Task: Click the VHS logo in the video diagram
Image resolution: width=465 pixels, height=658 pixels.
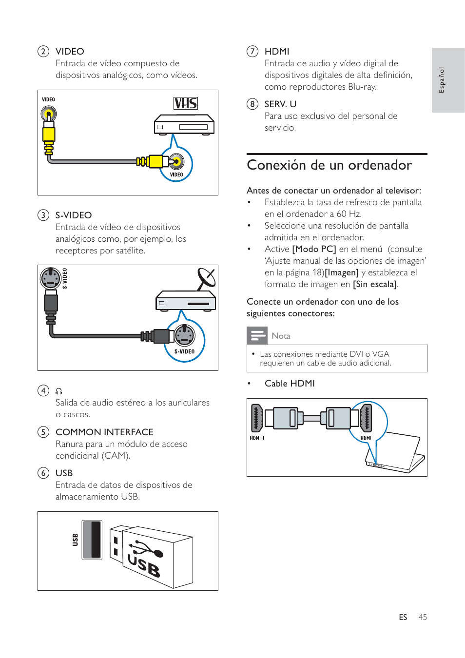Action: [x=186, y=103]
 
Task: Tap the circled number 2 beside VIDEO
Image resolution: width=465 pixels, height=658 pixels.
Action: [x=43, y=51]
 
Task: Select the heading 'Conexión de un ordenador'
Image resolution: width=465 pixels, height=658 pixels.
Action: [x=329, y=165]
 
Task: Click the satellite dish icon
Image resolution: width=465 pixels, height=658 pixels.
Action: [x=206, y=278]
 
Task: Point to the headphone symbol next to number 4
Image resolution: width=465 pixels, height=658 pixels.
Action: [x=59, y=391]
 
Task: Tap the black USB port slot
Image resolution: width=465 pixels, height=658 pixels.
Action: [x=92, y=540]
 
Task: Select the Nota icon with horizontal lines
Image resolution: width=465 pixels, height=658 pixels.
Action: [x=257, y=335]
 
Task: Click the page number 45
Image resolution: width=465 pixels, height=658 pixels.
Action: [x=423, y=617]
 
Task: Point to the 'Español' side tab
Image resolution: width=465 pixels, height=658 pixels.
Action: [x=447, y=80]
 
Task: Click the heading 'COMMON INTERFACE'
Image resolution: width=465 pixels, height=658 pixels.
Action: [x=104, y=432]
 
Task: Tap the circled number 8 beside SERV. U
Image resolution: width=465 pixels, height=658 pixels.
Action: [x=252, y=104]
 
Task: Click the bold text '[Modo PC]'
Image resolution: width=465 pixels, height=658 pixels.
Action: [x=314, y=249]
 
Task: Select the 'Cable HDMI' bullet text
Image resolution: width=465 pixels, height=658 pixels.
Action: [x=290, y=384]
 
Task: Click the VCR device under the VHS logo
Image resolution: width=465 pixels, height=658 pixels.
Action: [x=184, y=125]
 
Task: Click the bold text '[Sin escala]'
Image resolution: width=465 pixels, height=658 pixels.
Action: [x=375, y=284]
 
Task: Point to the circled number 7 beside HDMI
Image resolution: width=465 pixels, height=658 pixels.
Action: [x=252, y=51]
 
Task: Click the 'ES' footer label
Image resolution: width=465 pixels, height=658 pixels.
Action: [x=403, y=617]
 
